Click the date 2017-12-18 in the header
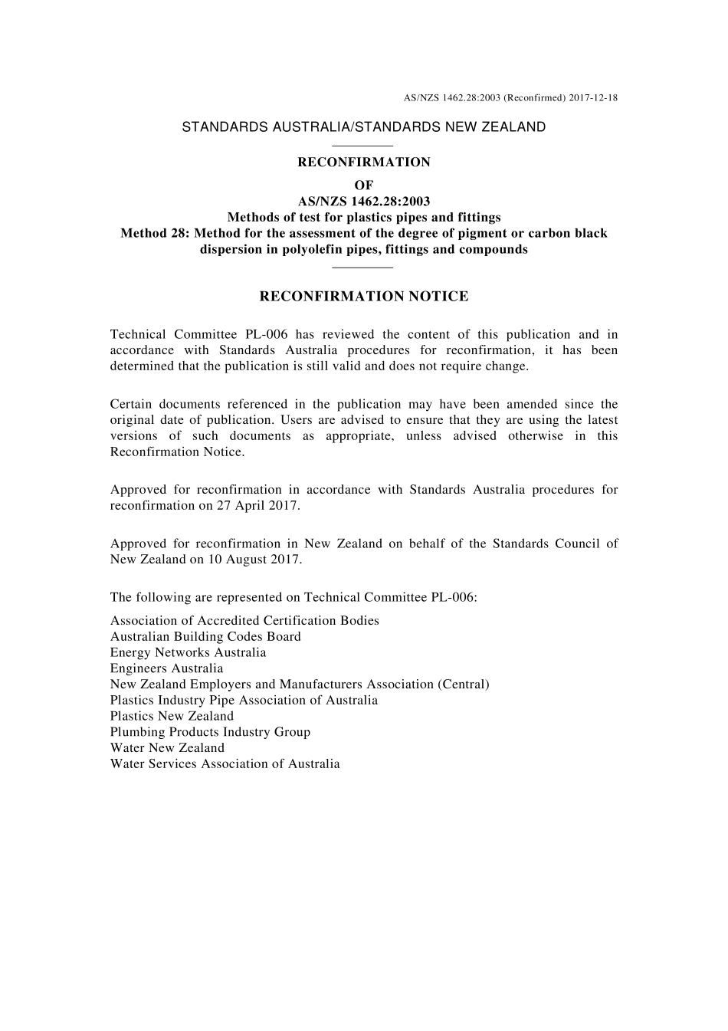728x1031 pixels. click(593, 98)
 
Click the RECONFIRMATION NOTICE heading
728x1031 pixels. click(364, 297)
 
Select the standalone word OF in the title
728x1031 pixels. click(364, 186)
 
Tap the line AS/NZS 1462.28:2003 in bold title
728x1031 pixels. click(364, 202)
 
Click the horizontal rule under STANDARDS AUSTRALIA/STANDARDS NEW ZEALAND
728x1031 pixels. click(364, 146)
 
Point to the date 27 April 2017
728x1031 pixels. click(257, 506)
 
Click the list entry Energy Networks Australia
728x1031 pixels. click(188, 652)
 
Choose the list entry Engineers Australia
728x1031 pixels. click(166, 668)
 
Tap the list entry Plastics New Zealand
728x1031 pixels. click(172, 716)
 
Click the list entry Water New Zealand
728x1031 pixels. click(167, 748)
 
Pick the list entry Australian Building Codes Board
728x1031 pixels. click(205, 636)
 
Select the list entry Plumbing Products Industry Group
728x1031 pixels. click(210, 732)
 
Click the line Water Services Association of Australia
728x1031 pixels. click(225, 764)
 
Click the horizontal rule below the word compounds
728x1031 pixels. click(364, 267)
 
